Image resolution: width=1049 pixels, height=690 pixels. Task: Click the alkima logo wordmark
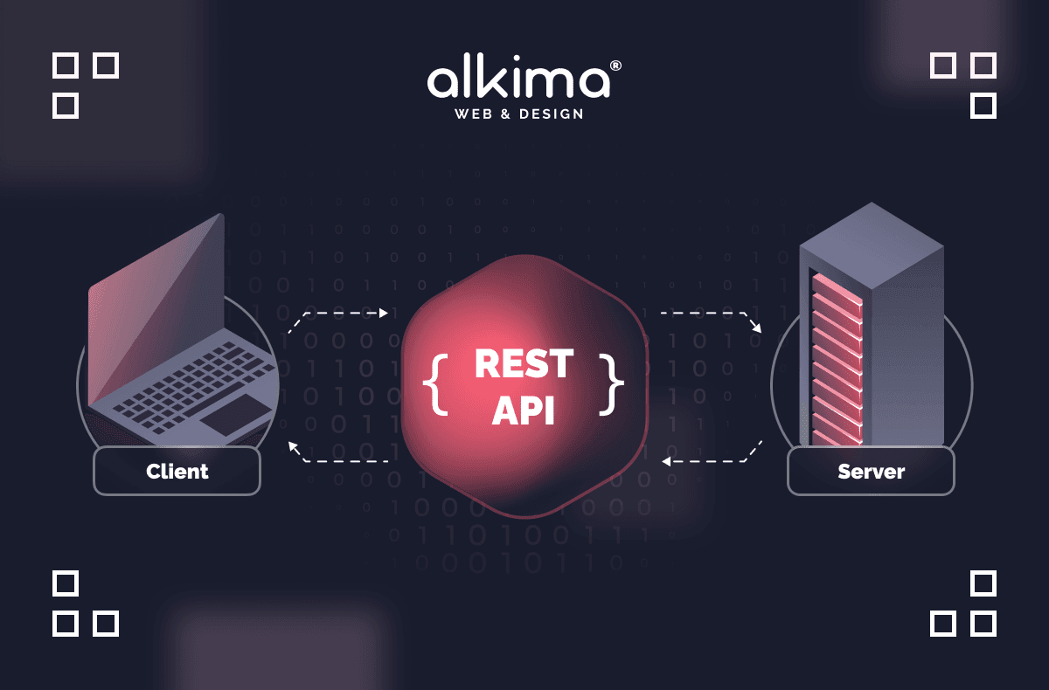(518, 80)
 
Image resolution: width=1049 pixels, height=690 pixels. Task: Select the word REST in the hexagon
(524, 363)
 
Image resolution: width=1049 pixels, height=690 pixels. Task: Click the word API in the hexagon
(524, 410)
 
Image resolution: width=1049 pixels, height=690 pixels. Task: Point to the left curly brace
(434, 383)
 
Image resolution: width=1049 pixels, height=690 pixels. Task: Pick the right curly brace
(613, 383)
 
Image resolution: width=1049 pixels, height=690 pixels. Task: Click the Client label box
(177, 472)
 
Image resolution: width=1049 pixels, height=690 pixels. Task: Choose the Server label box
(871, 472)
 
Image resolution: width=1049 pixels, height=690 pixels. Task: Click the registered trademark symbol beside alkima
(615, 66)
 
